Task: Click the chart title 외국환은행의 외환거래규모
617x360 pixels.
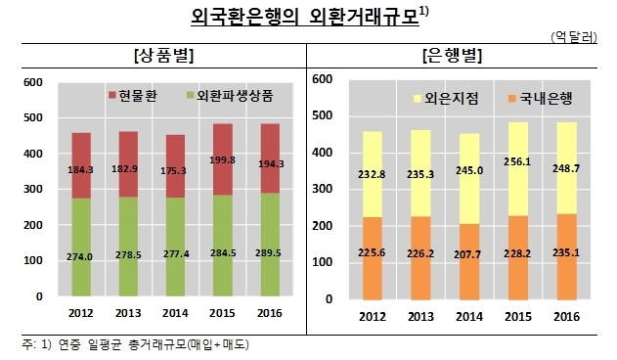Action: pos(305,17)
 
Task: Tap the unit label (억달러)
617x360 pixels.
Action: pos(574,37)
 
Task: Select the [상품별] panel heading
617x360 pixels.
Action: pos(163,56)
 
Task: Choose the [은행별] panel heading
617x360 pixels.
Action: pos(452,56)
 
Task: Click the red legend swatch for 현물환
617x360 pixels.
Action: pos(112,95)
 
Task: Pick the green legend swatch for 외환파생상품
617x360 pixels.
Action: pos(190,95)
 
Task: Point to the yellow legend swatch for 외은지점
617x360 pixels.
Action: pos(418,99)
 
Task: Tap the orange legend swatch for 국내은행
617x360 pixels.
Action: pos(512,99)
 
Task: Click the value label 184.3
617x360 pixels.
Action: pos(80,170)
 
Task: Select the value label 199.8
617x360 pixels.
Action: pos(222,159)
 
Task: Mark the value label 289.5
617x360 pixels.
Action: pos(268,252)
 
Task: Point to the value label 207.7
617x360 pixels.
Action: pos(467,254)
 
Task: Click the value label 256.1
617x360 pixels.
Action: pos(517,161)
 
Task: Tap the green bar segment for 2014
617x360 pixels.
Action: pos(175,247)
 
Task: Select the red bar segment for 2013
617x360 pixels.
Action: pos(128,164)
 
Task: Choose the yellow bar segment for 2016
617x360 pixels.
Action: pos(566,168)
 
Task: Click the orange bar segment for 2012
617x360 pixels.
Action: pos(373,258)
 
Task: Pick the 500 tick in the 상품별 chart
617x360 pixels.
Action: pos(33,117)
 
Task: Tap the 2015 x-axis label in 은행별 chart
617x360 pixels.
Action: pos(518,317)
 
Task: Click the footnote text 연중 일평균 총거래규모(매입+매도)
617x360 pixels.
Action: pos(154,344)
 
